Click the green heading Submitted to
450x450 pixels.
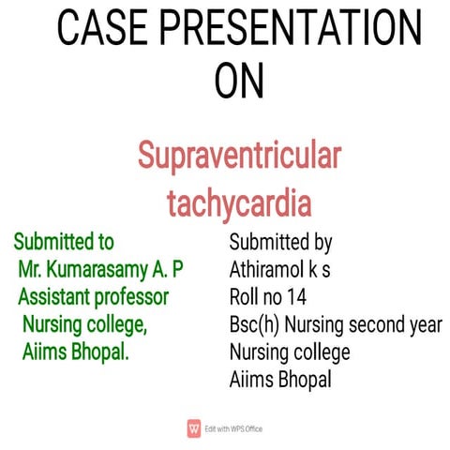(65, 244)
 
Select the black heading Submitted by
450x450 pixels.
(280, 244)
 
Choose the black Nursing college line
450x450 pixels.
(289, 352)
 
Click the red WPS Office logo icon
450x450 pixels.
(194, 427)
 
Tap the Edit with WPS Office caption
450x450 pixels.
(232, 427)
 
